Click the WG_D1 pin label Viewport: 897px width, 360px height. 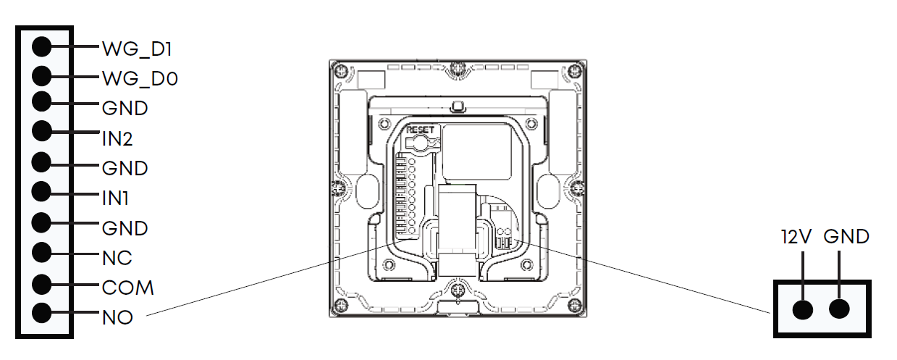tap(137, 49)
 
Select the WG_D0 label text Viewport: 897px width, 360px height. tap(140, 78)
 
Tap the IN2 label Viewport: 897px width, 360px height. tap(117, 139)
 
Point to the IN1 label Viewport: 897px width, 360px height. tap(115, 198)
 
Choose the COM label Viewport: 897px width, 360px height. tap(127, 288)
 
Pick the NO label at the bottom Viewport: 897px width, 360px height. tap(117, 318)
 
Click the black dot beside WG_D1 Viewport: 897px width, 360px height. tap(42, 46)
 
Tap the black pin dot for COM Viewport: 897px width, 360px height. tap(42, 285)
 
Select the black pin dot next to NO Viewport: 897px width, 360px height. tap(42, 313)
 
